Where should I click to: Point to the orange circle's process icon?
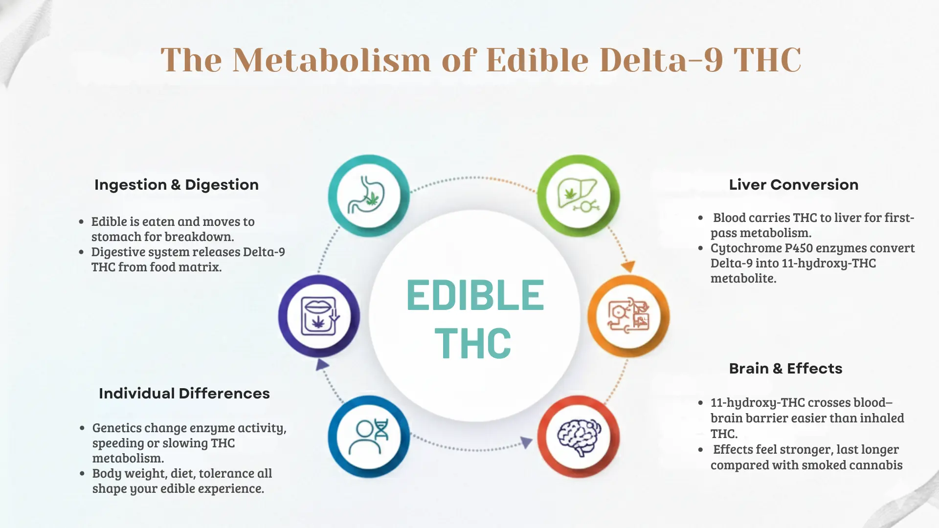pos(628,316)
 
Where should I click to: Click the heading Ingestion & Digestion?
pos(177,185)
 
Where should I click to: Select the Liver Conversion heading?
pos(793,185)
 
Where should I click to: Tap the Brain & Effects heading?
pos(785,369)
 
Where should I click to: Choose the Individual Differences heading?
pos(184,394)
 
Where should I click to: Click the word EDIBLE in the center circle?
pos(475,295)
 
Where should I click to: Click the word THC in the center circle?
pos(473,344)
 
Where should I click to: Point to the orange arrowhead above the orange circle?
pos(628,266)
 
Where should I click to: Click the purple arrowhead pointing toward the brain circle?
pos(526,442)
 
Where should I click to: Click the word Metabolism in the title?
pos(332,60)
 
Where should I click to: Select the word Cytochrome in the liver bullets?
pos(746,248)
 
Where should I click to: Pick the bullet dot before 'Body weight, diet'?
pos(82,474)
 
